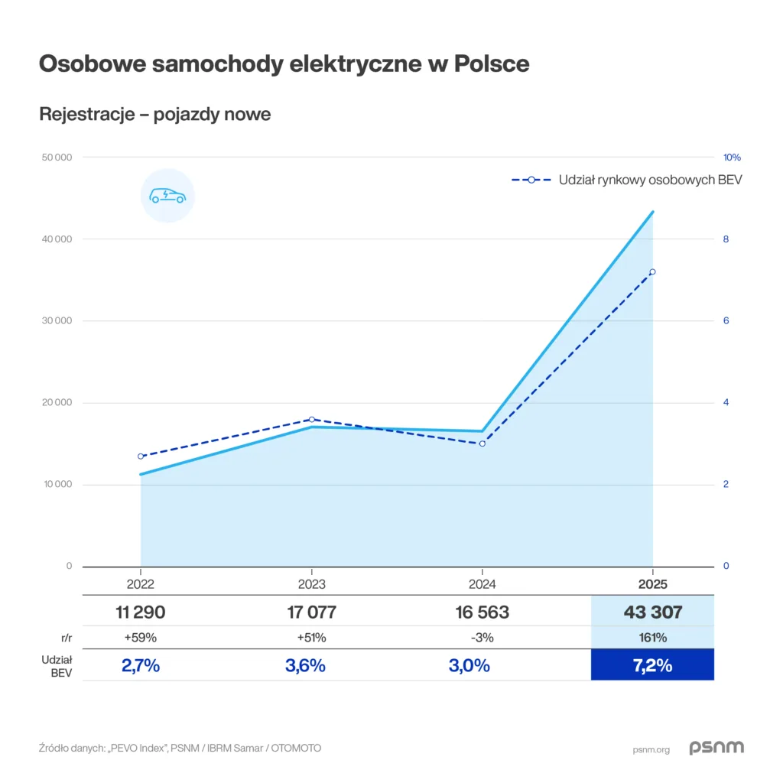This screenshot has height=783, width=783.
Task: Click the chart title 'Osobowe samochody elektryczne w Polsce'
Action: point(284,64)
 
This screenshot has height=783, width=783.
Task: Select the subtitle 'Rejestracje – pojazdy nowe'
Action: point(155,115)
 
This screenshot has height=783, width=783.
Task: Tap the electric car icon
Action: point(168,196)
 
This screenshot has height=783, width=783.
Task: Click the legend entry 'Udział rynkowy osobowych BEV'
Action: point(627,180)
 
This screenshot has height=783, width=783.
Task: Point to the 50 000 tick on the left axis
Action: point(56,158)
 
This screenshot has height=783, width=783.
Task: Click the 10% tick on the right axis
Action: point(732,158)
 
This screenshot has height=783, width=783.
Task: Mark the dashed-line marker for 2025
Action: point(652,271)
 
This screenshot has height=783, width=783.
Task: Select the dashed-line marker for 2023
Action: point(311,419)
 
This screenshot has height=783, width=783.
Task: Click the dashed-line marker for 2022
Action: point(141,456)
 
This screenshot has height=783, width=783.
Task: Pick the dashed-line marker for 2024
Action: point(482,443)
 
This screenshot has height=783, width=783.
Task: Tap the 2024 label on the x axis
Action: point(482,584)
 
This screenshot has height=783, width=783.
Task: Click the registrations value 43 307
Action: point(652,612)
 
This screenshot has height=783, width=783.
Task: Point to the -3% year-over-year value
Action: point(482,638)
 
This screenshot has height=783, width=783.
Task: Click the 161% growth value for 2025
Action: point(652,638)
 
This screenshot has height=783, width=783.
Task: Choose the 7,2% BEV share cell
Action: point(652,665)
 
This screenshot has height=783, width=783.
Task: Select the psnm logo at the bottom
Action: point(716,748)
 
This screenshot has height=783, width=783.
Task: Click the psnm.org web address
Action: point(651,749)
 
